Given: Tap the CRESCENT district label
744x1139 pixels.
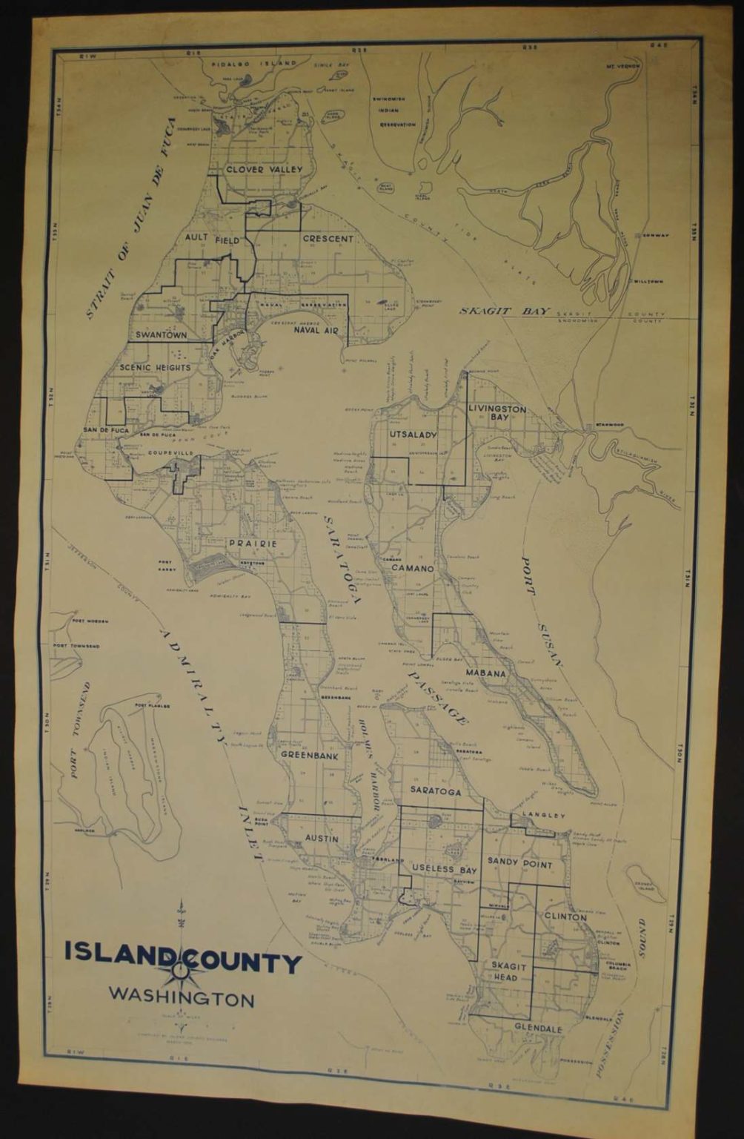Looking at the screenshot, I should [x=328, y=239].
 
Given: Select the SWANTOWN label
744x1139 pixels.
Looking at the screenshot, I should [x=161, y=336].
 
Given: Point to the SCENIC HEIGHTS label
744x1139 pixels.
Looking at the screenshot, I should [x=155, y=367].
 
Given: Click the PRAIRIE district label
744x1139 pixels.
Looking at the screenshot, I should [x=253, y=544].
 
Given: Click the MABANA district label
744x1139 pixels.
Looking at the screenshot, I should [x=485, y=673].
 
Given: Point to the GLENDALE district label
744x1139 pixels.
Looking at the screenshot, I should [x=539, y=1029].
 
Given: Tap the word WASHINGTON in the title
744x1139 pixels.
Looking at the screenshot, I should [x=182, y=997].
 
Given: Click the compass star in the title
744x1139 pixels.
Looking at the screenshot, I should [x=180, y=968].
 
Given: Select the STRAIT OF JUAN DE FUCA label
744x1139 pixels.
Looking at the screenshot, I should [x=131, y=218].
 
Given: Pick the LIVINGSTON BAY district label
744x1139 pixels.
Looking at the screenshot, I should [x=497, y=413].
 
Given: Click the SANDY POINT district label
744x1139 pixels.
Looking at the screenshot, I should [x=519, y=864].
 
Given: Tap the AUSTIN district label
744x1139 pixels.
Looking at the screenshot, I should [x=322, y=839].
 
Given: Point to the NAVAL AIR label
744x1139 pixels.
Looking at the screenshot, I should [x=316, y=331].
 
